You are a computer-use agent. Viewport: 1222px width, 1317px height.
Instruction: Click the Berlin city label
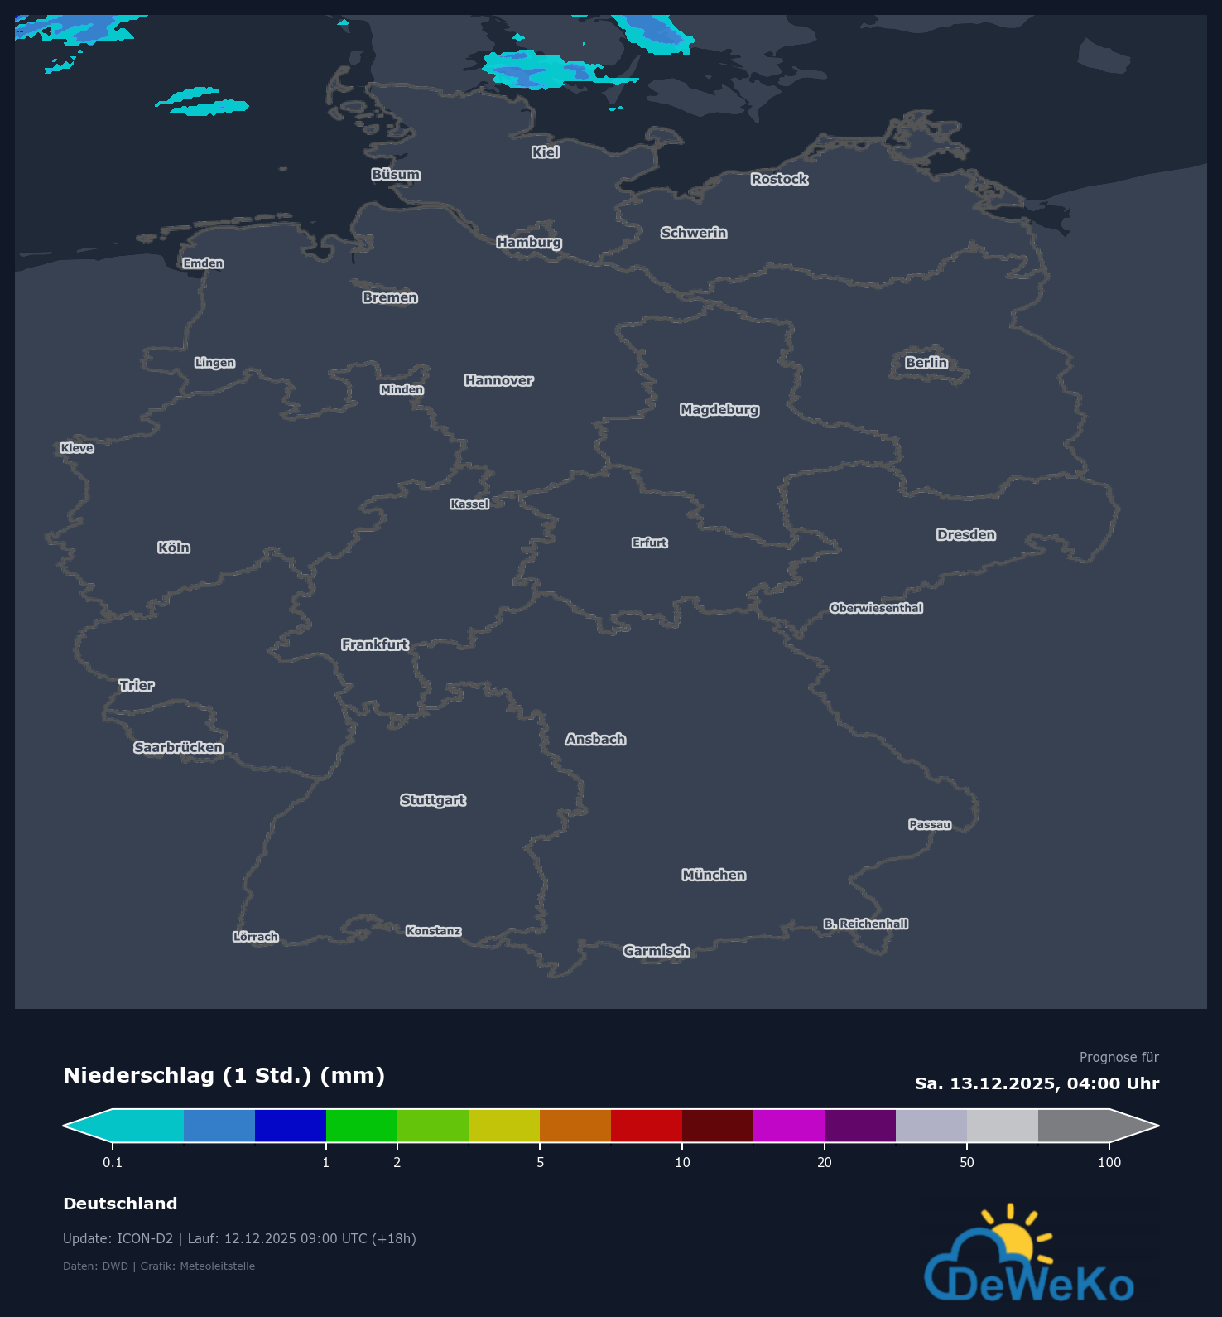click(x=926, y=363)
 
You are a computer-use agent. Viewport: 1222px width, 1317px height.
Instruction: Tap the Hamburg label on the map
click(x=529, y=242)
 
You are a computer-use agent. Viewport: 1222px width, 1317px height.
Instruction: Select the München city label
click(x=714, y=875)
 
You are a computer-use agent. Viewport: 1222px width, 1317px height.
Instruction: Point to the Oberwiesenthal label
click(x=876, y=608)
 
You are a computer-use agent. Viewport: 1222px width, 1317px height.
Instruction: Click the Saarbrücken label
click(x=178, y=747)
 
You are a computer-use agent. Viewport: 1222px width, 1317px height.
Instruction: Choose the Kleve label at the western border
click(x=77, y=448)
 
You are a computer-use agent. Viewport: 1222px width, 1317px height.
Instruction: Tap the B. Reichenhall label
click(x=865, y=924)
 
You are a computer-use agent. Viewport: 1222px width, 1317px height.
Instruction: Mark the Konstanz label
click(x=433, y=931)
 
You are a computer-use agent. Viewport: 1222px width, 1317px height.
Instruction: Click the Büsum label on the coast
click(x=396, y=175)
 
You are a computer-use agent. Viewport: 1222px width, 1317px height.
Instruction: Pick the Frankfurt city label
click(x=375, y=644)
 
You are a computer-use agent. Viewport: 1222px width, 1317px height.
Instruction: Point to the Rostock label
click(x=779, y=179)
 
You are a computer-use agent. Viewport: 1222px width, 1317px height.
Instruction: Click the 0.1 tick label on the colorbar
click(x=113, y=1162)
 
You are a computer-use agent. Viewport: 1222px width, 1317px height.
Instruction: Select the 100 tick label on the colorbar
click(x=1109, y=1162)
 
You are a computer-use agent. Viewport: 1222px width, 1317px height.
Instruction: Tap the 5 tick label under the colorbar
click(x=540, y=1162)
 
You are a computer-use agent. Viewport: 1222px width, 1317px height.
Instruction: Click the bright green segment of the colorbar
click(x=362, y=1126)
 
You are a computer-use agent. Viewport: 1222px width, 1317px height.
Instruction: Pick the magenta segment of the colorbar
click(x=789, y=1126)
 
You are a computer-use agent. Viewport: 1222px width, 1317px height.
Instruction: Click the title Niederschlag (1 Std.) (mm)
click(x=224, y=1075)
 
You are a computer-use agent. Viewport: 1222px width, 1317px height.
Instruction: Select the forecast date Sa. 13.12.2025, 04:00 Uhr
click(x=1037, y=1083)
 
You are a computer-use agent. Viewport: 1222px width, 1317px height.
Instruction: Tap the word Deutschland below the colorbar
click(x=120, y=1204)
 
